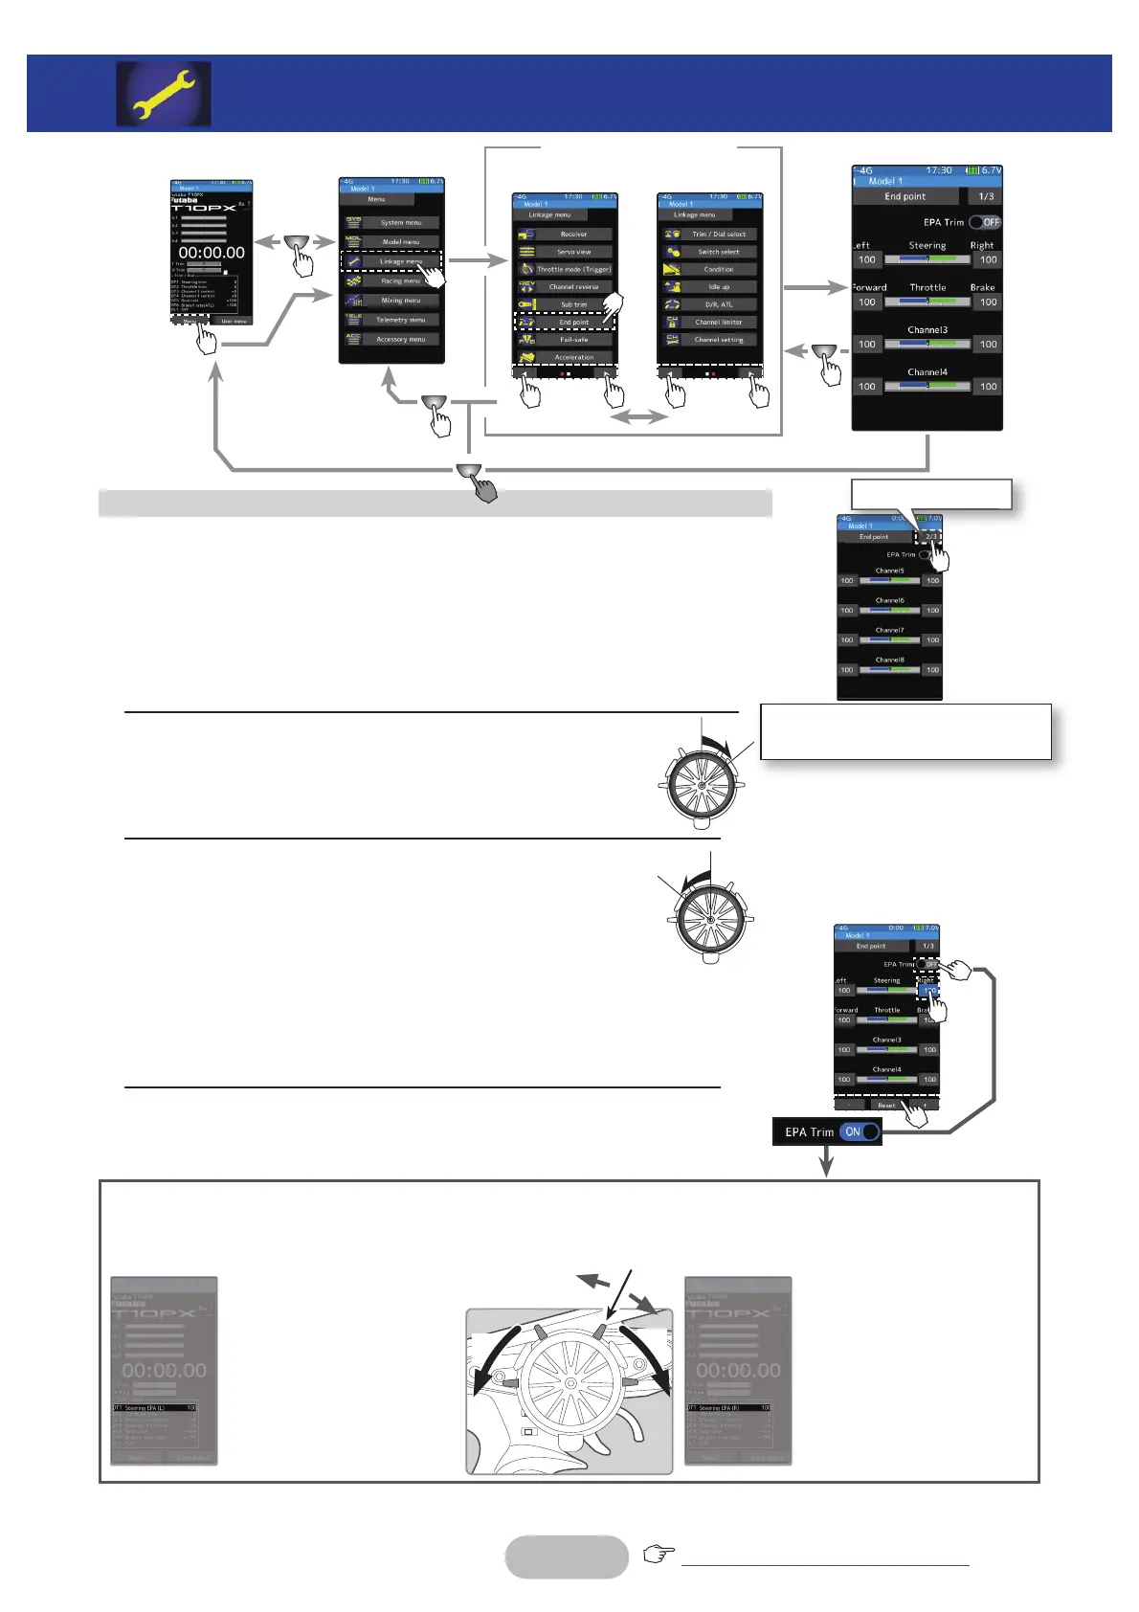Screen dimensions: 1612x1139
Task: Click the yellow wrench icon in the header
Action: pos(164,94)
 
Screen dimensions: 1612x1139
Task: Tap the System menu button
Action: pos(400,222)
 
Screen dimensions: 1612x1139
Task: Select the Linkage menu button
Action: pos(400,261)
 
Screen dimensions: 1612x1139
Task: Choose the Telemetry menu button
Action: pos(400,320)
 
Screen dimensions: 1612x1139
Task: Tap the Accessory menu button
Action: pos(400,339)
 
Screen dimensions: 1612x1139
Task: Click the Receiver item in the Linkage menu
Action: pos(573,234)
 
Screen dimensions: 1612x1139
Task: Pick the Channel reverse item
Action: pos(573,286)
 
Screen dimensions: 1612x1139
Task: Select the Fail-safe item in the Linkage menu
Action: pos(573,340)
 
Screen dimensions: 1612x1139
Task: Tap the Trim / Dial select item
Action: pos(719,234)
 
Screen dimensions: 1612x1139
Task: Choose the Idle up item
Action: pos(719,286)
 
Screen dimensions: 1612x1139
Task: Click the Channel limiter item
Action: pos(719,322)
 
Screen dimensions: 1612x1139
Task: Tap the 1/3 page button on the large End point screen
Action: pos(985,196)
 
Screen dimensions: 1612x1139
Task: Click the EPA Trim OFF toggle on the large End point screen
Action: pos(985,222)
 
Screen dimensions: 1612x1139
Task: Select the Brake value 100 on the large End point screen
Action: pos(988,302)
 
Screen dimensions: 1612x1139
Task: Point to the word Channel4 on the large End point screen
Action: pos(927,371)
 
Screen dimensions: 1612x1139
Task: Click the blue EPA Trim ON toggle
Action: pos(860,1131)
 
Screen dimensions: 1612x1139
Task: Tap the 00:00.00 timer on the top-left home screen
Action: pos(212,253)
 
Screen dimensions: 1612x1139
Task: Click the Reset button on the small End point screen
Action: pos(886,1105)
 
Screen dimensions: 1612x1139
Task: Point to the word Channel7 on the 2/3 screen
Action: pos(889,630)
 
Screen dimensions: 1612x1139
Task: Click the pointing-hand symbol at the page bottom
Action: pos(659,1554)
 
